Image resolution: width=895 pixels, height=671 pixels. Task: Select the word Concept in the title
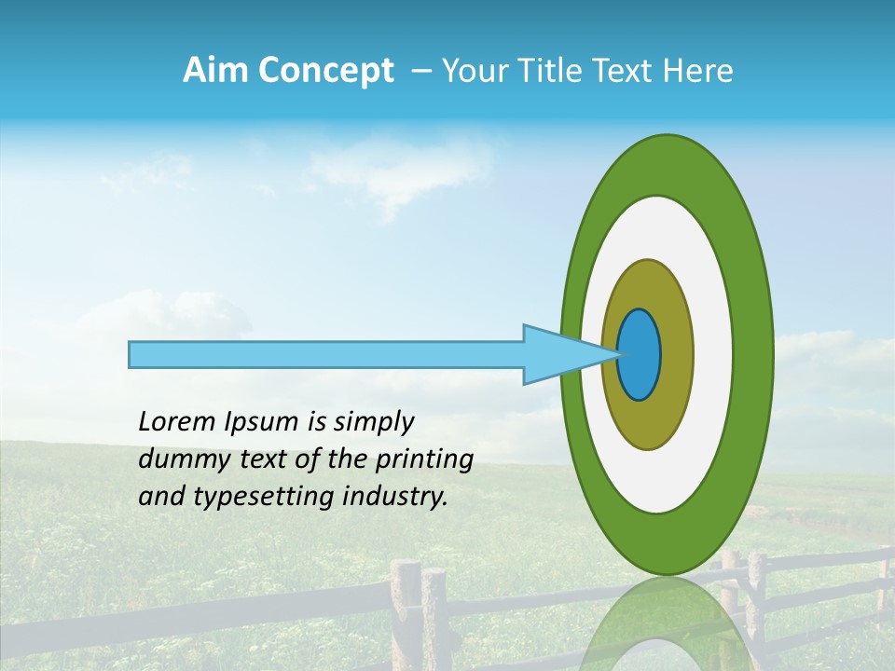click(325, 71)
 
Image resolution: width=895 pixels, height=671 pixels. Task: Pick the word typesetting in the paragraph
click(263, 497)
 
